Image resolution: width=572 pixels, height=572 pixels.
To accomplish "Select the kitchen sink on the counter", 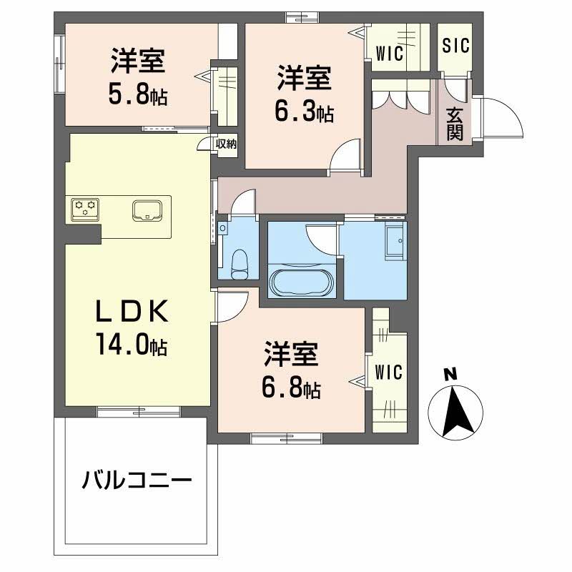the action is click(x=147, y=210).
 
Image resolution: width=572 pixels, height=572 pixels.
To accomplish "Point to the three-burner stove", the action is click(x=85, y=209).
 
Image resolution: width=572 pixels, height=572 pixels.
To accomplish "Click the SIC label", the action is click(x=455, y=46).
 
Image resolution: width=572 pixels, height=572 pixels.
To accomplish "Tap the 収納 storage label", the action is click(x=226, y=144).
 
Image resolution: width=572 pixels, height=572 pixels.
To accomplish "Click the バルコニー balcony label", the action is click(x=137, y=480).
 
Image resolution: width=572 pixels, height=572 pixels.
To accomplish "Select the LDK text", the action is click(x=132, y=311).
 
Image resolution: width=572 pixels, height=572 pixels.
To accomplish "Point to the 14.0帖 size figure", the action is click(x=132, y=345).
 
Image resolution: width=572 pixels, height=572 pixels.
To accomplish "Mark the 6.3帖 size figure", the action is click(x=304, y=112).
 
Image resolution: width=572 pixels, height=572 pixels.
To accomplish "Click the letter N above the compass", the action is click(x=450, y=375).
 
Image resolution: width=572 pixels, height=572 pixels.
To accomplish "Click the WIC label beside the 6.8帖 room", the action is click(x=388, y=373).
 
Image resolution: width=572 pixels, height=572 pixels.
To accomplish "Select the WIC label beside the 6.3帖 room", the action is click(x=390, y=53).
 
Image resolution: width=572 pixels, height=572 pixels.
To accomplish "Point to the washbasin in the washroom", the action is click(x=395, y=242).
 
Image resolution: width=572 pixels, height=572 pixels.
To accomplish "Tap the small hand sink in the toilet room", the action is click(x=222, y=229).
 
